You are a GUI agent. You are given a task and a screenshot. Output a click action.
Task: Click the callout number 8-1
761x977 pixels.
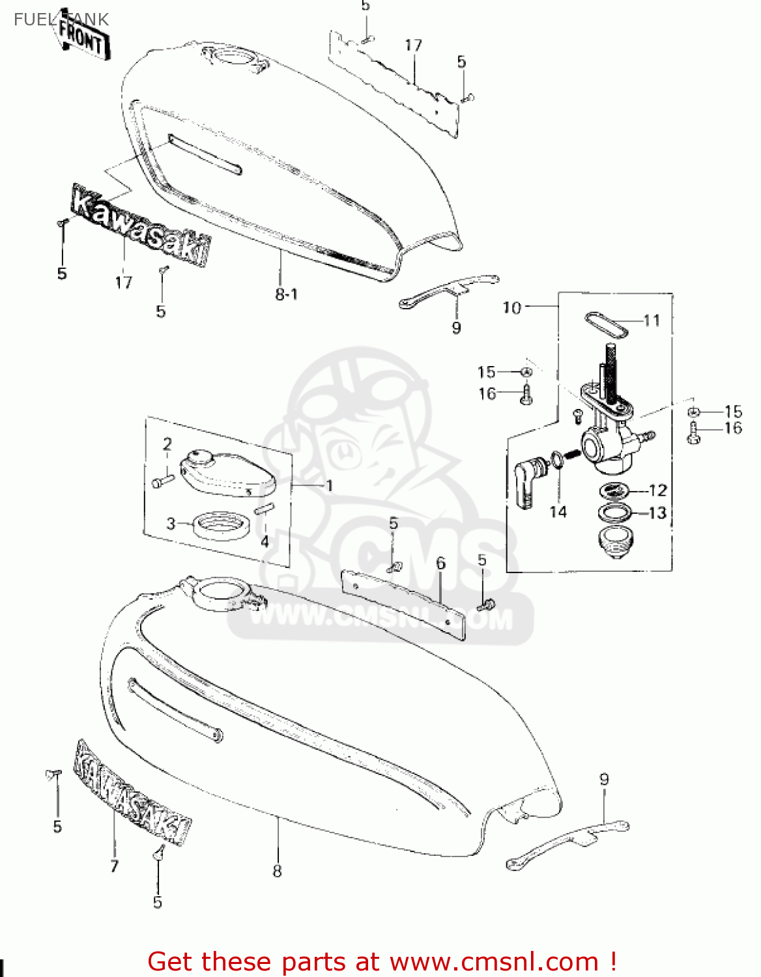click(286, 294)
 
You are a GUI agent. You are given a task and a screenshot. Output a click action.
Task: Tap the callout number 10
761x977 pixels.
click(512, 307)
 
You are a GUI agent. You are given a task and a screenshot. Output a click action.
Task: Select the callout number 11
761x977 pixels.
click(652, 320)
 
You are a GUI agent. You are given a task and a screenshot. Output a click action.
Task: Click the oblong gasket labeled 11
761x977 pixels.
click(606, 324)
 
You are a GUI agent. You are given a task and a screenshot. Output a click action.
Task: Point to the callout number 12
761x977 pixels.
click(657, 490)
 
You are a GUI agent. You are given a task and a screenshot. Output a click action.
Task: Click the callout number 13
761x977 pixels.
click(657, 513)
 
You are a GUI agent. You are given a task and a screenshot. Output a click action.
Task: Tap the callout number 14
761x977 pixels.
click(558, 512)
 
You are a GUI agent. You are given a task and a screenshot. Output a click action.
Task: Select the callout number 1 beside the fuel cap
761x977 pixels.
click(329, 486)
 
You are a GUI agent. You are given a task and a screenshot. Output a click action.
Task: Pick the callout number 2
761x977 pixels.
click(167, 444)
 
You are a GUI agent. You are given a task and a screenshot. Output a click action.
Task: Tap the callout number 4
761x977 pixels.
click(265, 541)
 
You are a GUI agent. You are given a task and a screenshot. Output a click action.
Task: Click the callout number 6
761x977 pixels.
click(441, 563)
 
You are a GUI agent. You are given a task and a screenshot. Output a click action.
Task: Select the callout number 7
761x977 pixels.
click(115, 866)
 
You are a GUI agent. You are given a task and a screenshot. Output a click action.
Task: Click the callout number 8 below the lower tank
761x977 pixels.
click(277, 871)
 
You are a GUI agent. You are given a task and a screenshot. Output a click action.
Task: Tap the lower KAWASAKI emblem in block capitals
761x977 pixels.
click(133, 793)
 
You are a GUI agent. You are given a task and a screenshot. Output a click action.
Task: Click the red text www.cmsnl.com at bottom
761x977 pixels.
click(494, 962)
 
